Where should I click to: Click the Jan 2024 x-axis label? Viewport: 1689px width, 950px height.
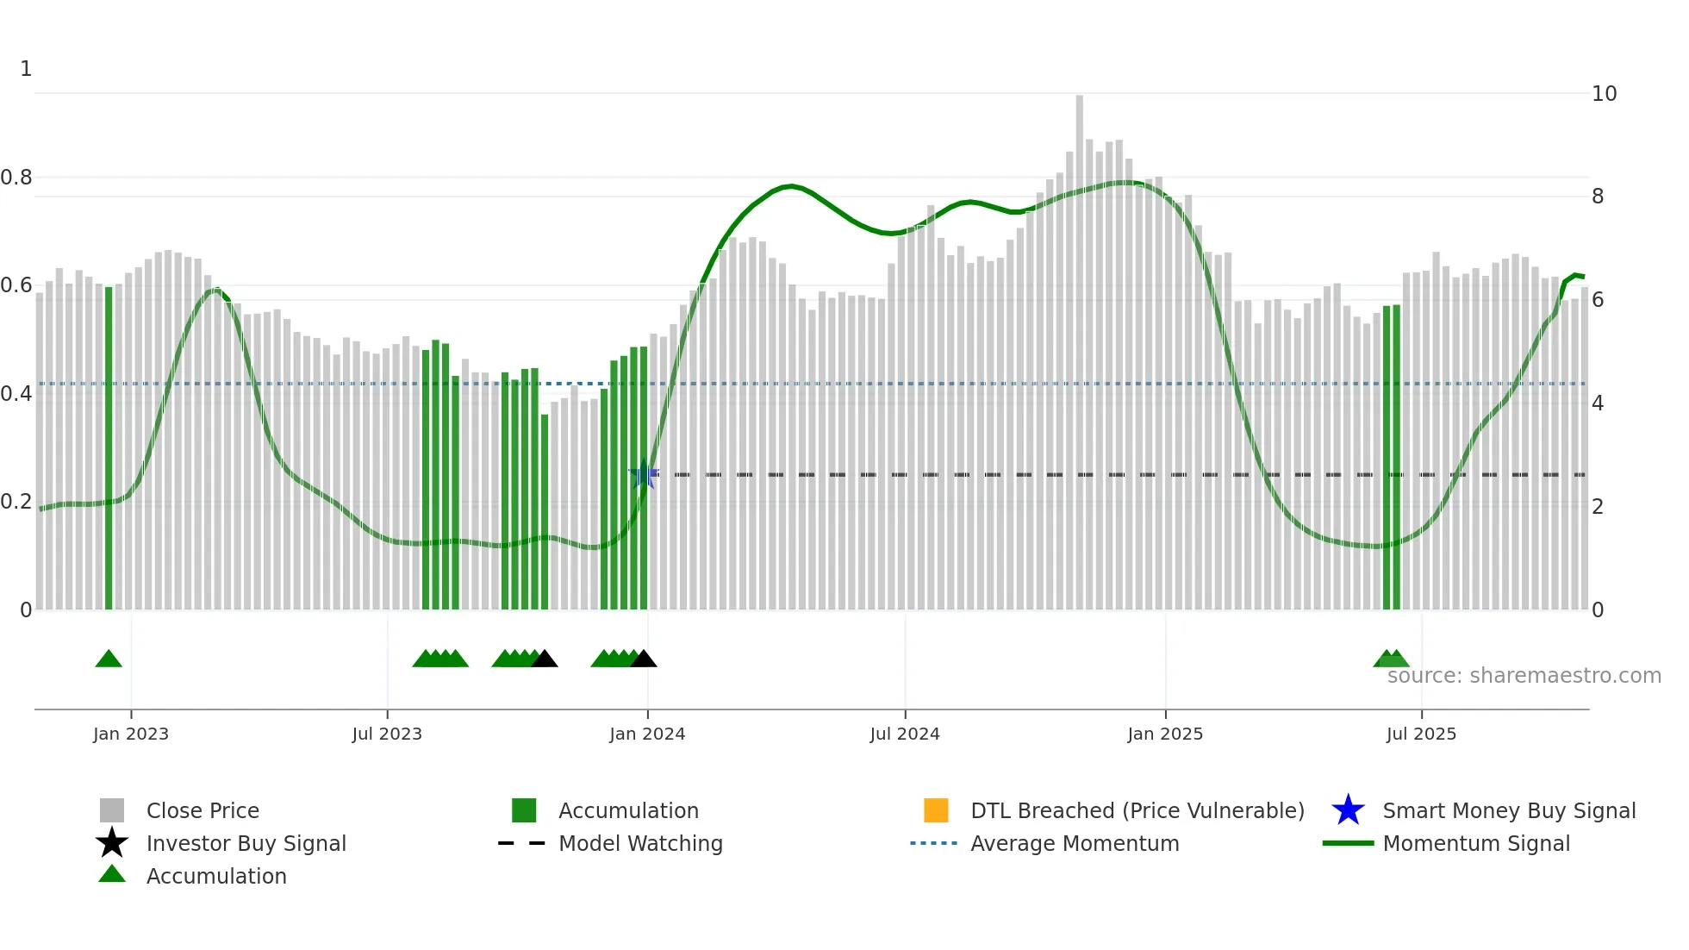[647, 734]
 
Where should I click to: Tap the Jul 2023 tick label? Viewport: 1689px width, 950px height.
[387, 734]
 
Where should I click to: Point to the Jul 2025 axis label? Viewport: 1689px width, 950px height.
[1421, 734]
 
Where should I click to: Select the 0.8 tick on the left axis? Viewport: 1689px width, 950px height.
[17, 178]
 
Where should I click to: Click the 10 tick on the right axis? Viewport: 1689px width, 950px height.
[1604, 93]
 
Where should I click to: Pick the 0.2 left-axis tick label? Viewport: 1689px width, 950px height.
[17, 501]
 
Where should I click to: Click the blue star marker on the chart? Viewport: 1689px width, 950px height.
[644, 474]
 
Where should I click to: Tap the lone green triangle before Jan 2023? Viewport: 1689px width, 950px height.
[109, 659]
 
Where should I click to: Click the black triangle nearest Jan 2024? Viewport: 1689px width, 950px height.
[644, 659]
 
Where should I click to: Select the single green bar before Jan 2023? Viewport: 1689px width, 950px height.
[109, 448]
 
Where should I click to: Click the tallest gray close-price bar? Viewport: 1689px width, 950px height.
[1079, 345]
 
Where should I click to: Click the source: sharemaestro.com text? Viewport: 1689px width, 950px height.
[1524, 675]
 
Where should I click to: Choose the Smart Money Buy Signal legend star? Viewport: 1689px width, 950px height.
[1348, 810]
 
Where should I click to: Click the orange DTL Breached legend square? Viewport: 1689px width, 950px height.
[936, 810]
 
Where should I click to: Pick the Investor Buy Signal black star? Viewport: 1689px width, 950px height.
[112, 843]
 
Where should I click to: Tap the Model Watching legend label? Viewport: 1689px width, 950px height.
[640, 843]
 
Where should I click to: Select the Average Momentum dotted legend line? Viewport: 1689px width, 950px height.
[933, 843]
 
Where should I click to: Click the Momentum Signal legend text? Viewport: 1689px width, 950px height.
[1476, 843]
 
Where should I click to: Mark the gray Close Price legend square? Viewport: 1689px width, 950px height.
[112, 810]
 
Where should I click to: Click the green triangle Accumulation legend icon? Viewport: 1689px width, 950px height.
[112, 874]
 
